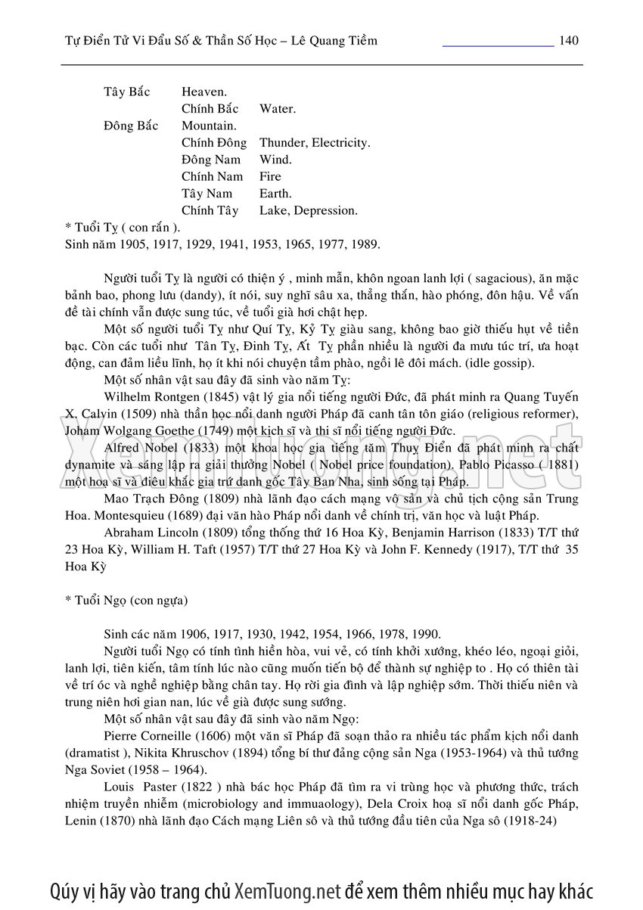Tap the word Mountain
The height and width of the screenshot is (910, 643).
[209, 126]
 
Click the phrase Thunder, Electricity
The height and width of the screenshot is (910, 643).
[315, 143]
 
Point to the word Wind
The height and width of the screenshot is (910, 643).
[275, 160]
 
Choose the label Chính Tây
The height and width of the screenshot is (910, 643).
[210, 210]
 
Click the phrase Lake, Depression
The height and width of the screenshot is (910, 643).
[308, 210]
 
